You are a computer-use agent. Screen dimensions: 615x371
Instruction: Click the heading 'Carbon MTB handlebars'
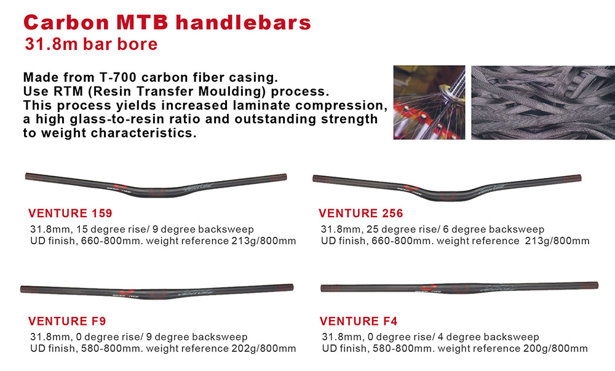point(167,22)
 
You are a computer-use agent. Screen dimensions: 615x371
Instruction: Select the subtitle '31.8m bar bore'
point(91,44)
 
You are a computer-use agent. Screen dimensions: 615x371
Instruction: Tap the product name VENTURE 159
point(70,213)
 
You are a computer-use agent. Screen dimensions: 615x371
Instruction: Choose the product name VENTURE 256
point(361,213)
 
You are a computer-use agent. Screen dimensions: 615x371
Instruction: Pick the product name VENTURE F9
point(67,321)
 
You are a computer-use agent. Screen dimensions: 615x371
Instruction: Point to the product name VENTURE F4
point(359,321)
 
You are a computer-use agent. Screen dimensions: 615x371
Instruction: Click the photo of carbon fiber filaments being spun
point(429,102)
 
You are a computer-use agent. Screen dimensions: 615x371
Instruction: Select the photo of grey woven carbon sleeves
point(543,102)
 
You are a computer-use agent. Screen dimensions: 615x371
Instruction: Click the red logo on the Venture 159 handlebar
point(121,186)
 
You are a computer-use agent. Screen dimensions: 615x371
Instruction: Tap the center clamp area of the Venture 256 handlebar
point(448,196)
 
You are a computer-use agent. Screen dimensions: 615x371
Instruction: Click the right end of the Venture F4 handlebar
point(598,285)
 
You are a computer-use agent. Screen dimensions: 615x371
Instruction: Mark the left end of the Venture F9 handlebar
point(22,289)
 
